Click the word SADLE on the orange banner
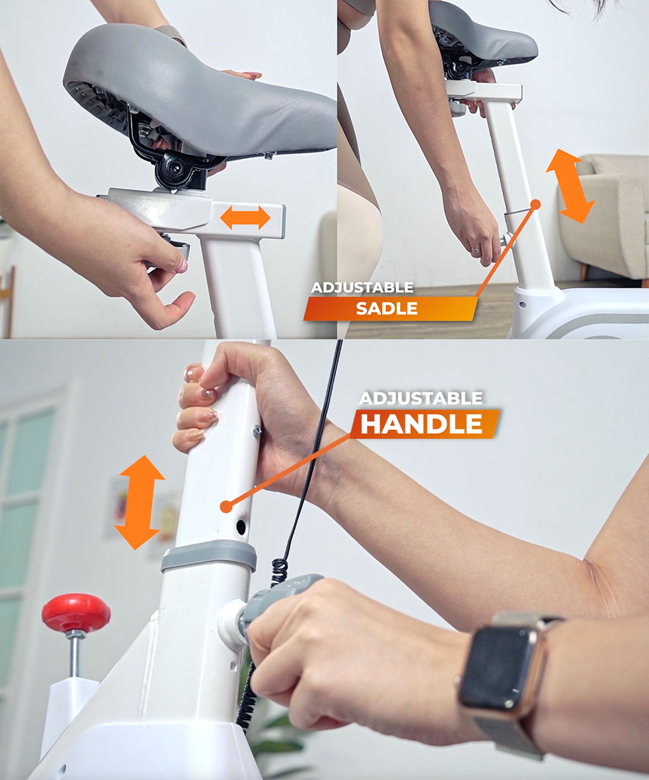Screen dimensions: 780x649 (x=387, y=309)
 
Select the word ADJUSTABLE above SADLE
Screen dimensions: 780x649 (x=362, y=287)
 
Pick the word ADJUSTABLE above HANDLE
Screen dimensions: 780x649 (x=421, y=398)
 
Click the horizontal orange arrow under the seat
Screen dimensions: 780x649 (x=245, y=218)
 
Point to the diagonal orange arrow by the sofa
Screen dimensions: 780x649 (x=570, y=186)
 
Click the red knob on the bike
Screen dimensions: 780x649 (x=76, y=612)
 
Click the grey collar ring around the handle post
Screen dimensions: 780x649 (x=209, y=555)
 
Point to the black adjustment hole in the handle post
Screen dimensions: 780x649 (x=241, y=525)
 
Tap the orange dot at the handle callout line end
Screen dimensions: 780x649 (x=225, y=506)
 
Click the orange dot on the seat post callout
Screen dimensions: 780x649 (x=536, y=204)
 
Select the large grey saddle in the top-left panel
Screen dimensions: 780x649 (x=203, y=95)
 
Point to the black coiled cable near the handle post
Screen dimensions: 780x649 (x=278, y=570)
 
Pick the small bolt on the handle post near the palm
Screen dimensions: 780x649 (x=257, y=431)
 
